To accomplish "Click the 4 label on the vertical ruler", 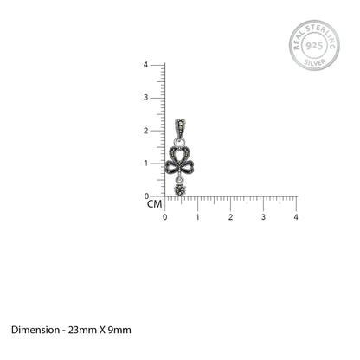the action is (145, 65).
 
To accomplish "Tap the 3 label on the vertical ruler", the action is (145, 98).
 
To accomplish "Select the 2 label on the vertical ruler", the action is (145, 131).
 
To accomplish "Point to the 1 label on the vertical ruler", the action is (146, 164).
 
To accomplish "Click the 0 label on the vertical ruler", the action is (146, 196).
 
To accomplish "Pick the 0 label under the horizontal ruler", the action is (164, 217).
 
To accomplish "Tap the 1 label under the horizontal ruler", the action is (197, 217).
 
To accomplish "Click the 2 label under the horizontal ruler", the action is (230, 217).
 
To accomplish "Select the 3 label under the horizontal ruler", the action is (263, 217).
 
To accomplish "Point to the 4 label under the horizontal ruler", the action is (296, 217).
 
